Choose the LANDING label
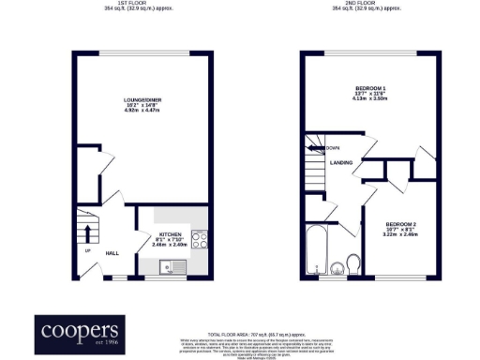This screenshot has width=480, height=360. click(340, 162)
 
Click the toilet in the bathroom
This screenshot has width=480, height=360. click(353, 262)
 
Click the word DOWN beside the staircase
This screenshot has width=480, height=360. click(332, 148)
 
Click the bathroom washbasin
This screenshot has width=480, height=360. click(335, 273)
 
